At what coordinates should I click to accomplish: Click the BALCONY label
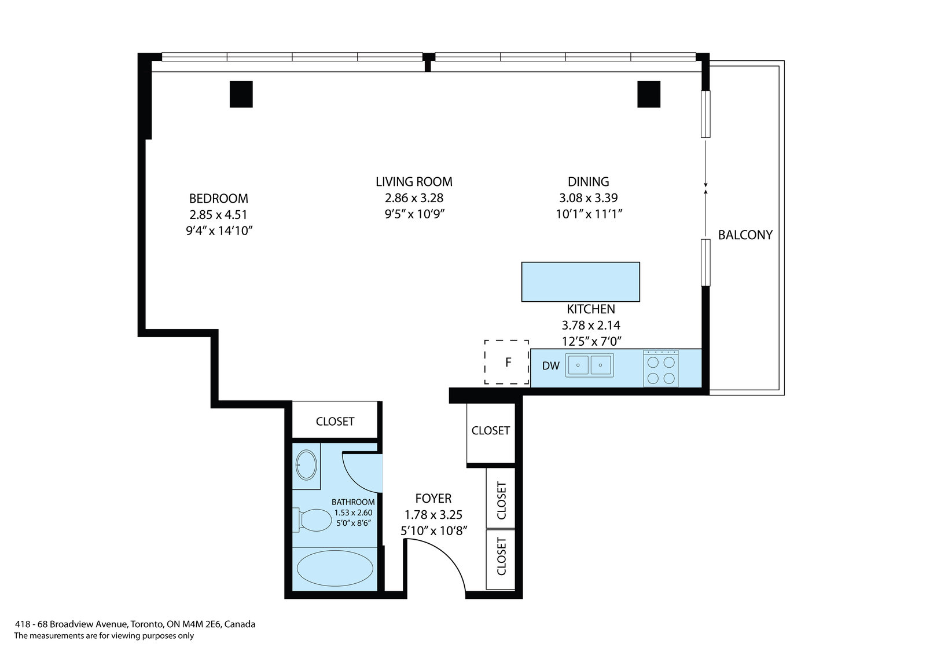(745, 235)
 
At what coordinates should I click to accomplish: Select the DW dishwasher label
(550, 366)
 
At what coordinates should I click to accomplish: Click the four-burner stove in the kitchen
(660, 368)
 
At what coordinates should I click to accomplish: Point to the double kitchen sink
(590, 365)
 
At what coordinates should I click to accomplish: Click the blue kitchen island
(580, 282)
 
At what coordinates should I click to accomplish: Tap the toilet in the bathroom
(312, 519)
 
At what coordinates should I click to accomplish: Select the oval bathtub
(335, 568)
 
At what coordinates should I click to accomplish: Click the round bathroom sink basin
(306, 465)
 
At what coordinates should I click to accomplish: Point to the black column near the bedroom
(241, 94)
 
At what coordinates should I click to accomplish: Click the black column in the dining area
(649, 94)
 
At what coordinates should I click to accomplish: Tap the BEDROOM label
(219, 199)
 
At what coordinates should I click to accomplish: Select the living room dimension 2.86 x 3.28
(414, 198)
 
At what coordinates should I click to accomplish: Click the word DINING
(588, 182)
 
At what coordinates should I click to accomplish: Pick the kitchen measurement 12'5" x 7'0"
(591, 341)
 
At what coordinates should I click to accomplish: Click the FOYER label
(433, 498)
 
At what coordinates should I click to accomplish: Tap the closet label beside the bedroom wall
(335, 421)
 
